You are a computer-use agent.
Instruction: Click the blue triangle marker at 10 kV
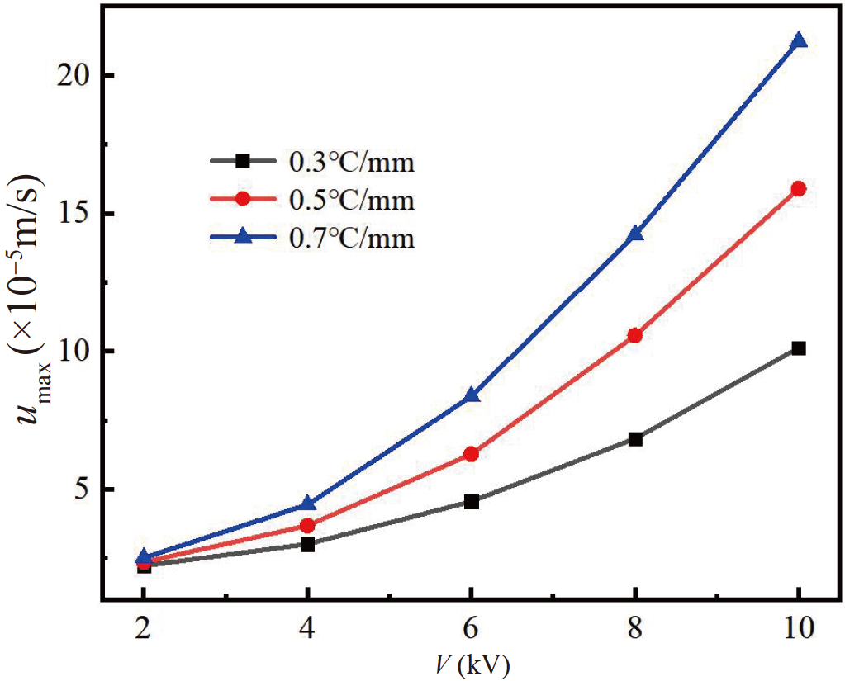[798, 41]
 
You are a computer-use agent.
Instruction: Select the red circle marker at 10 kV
[798, 189]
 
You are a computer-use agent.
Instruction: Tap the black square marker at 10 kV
[798, 348]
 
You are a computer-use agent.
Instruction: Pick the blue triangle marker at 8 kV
[634, 234]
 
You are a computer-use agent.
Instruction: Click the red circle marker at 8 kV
[634, 335]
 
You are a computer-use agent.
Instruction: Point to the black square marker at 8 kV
[634, 439]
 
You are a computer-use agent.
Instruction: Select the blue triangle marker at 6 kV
[471, 395]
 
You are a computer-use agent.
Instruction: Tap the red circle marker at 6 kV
[471, 454]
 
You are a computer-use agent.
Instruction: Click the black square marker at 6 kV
[471, 501]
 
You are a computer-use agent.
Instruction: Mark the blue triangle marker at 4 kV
[307, 504]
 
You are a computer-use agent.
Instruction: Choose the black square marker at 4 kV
[307, 545]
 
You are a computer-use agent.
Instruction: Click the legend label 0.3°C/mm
[351, 163]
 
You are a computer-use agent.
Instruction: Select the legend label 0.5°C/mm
[351, 201]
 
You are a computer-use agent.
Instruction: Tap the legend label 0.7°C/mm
[351, 239]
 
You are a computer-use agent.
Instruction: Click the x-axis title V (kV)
[472, 664]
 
